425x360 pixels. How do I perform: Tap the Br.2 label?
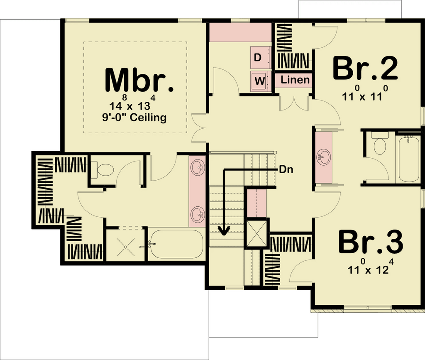click(x=365, y=68)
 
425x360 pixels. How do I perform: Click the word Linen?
click(x=295, y=80)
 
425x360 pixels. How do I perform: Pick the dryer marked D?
click(x=261, y=57)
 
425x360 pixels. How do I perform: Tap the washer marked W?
click(x=261, y=81)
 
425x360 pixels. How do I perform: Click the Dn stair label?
click(x=286, y=170)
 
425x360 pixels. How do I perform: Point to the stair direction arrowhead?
click(x=224, y=231)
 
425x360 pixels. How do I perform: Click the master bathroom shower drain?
click(x=125, y=247)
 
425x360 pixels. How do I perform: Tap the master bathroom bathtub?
click(x=176, y=244)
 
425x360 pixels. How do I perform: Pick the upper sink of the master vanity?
click(x=198, y=167)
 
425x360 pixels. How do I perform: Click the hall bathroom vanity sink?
click(x=323, y=157)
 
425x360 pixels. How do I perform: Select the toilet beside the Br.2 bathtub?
click(x=380, y=143)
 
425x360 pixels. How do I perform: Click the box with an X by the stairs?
click(x=256, y=233)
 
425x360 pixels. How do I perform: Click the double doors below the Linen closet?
click(x=294, y=103)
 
